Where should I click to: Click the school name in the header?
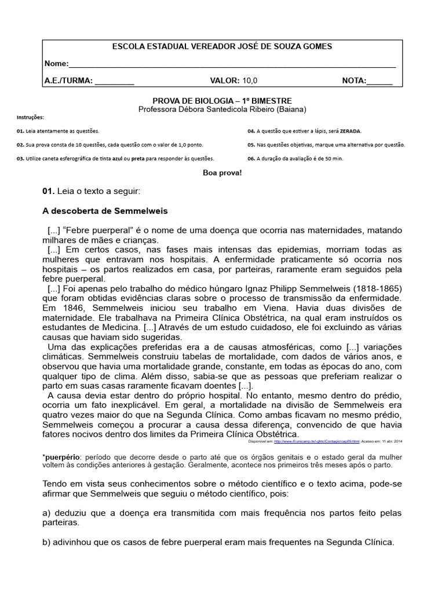pos(222,46)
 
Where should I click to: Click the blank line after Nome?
pos(232,64)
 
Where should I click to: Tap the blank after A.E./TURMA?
pos(114,81)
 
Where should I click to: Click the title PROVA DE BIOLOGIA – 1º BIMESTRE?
pos(222,100)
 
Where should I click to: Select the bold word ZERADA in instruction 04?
pos(351,131)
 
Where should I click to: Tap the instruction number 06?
pos(251,158)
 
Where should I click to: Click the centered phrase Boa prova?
pos(222,173)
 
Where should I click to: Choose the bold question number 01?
pos(48,191)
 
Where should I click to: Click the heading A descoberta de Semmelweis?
pos(105,211)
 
